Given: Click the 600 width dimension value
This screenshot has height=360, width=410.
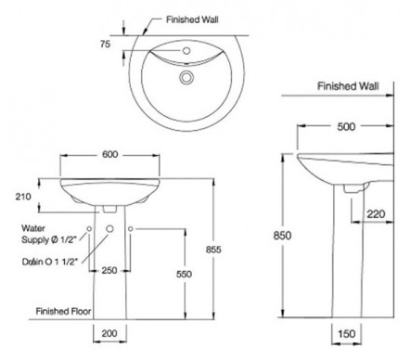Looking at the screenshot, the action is click(x=110, y=154).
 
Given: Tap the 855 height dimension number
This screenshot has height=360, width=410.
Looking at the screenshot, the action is click(x=213, y=250).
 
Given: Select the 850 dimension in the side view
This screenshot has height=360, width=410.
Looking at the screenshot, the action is click(x=282, y=236).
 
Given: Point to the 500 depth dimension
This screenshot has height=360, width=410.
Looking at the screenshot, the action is click(x=346, y=126).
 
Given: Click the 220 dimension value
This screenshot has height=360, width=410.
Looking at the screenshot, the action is click(x=376, y=214).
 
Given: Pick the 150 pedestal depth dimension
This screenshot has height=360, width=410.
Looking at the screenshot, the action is click(x=346, y=334).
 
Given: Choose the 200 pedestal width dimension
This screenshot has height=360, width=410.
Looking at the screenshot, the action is click(x=109, y=333).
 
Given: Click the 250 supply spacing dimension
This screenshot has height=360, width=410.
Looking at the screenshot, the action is click(x=109, y=271).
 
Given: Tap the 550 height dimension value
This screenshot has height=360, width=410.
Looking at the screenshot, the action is click(x=184, y=274).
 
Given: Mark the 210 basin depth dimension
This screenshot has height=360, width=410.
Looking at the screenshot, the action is click(x=23, y=197).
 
